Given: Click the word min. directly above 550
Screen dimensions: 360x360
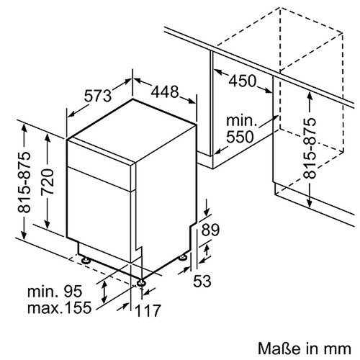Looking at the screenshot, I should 240,120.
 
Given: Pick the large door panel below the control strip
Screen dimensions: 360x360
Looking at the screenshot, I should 101,216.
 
